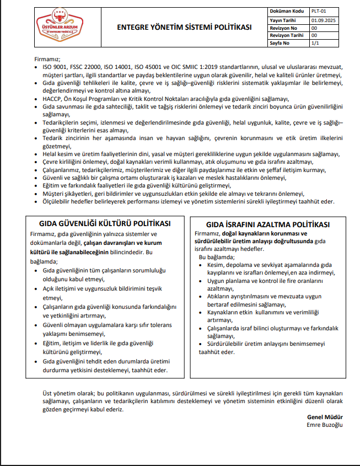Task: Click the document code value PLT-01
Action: click(319, 10)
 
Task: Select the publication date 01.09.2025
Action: click(324, 19)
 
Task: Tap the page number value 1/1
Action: click(316, 42)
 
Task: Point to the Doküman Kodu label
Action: click(286, 10)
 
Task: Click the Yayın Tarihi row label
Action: click(284, 19)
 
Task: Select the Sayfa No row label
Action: click(280, 42)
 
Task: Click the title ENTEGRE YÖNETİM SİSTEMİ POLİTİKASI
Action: click(185, 27)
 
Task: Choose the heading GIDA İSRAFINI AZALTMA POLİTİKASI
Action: click(267, 224)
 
